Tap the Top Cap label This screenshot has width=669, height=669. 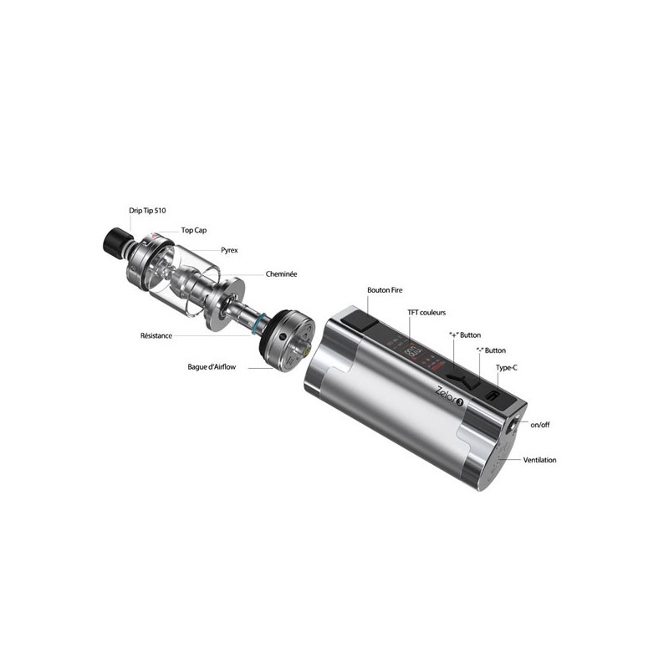[x=194, y=230]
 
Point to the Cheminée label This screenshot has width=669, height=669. [x=281, y=273]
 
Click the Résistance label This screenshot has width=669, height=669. [x=157, y=335]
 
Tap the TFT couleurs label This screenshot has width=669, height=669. [x=426, y=313]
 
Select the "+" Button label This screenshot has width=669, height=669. [x=464, y=334]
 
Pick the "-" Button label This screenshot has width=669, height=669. [x=491, y=350]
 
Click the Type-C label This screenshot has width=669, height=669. [x=508, y=368]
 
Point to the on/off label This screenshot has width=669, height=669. [x=539, y=425]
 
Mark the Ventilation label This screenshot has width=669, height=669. [x=539, y=460]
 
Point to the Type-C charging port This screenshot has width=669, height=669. [x=492, y=395]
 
